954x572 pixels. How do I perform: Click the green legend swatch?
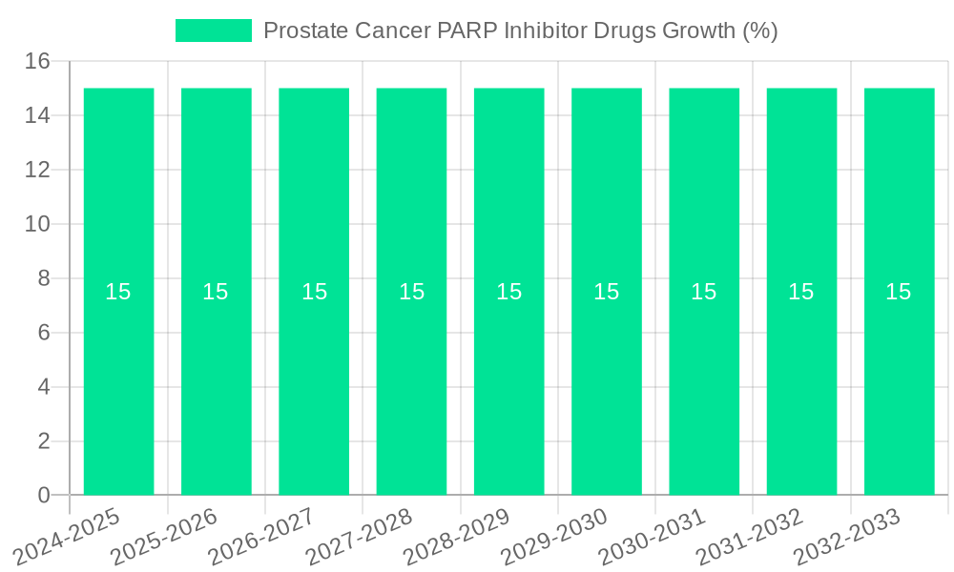[x=214, y=31]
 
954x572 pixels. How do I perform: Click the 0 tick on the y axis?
[x=44, y=495]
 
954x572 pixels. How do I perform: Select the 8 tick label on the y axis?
[x=44, y=278]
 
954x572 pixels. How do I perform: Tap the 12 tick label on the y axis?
[x=37, y=170]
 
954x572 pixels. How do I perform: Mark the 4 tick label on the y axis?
[x=44, y=387]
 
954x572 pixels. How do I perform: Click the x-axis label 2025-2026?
[x=164, y=538]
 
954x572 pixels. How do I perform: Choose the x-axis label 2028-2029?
[x=457, y=538]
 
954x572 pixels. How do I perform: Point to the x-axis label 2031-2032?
[x=750, y=538]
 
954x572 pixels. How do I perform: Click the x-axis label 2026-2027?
[x=261, y=538]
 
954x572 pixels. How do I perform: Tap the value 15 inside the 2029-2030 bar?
[x=607, y=292]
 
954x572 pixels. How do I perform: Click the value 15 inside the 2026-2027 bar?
[x=314, y=292]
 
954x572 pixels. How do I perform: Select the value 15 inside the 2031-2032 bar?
[x=801, y=292]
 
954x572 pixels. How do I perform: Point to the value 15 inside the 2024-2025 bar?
[x=118, y=292]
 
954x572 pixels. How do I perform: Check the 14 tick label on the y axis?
[x=37, y=115]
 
